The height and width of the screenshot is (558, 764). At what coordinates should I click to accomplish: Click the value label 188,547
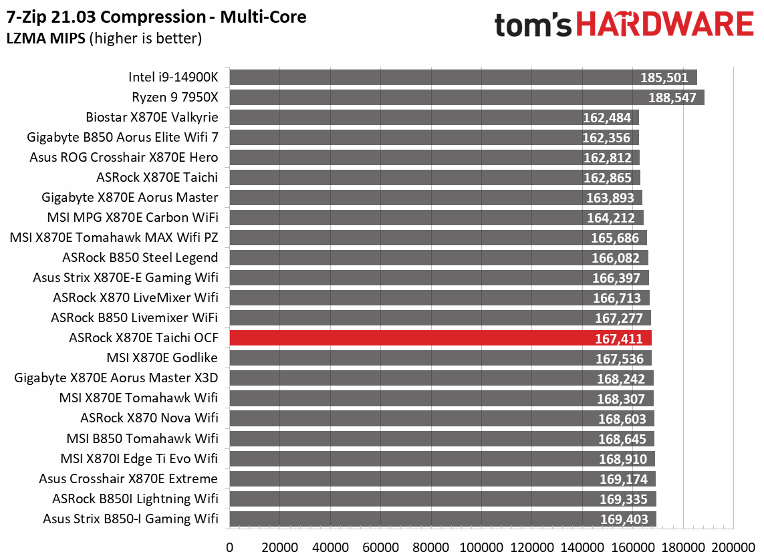(x=673, y=98)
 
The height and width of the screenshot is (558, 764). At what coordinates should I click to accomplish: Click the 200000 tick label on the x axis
(x=735, y=546)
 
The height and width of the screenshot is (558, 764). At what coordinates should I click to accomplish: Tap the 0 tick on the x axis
(x=230, y=546)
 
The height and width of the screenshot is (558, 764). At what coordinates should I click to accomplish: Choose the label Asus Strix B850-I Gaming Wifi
(x=130, y=519)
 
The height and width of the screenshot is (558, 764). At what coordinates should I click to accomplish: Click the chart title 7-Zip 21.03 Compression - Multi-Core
(x=156, y=17)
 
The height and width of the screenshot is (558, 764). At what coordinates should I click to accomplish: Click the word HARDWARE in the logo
(x=664, y=25)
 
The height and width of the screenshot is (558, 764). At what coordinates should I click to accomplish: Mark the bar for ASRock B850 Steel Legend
(x=438, y=258)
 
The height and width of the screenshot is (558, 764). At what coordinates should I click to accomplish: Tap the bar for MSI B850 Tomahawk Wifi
(x=442, y=438)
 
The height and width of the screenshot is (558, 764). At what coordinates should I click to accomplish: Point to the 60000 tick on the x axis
(x=382, y=546)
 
